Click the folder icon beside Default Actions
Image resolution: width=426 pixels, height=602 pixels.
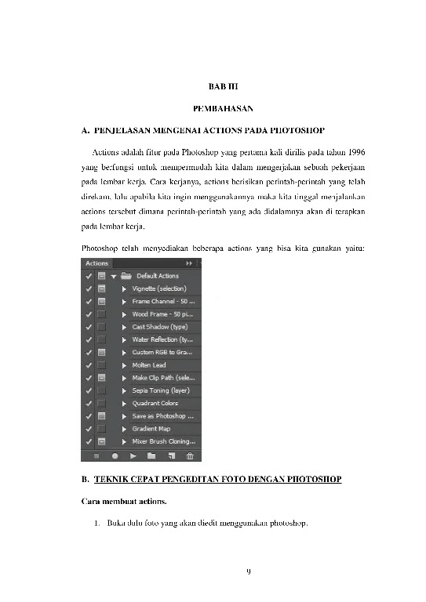pos(126,276)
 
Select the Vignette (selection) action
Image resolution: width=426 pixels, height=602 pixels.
pos(158,288)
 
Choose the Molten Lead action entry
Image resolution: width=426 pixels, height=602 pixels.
pos(148,364)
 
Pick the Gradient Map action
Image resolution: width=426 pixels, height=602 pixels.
pos(151,429)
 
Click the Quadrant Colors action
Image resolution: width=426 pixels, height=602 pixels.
pos(155,403)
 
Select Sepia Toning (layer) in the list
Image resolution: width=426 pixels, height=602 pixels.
pos(160,390)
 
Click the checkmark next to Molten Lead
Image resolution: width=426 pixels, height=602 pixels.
pos(88,364)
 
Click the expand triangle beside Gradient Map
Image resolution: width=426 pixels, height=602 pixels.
pos(124,429)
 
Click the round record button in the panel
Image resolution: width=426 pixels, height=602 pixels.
pos(115,455)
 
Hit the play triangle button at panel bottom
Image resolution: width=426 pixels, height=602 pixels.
pos(133,455)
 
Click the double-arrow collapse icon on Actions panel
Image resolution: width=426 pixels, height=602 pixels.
pos(188,264)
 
